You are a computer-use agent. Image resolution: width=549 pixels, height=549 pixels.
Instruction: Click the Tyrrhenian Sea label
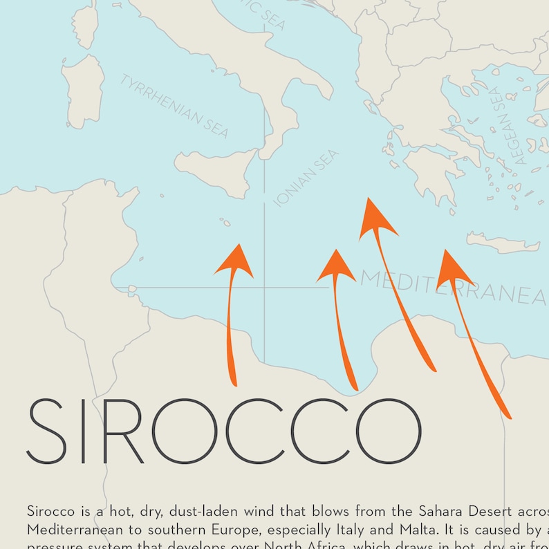click(174, 106)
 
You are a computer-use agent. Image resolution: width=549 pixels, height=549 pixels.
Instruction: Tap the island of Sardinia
click(83, 91)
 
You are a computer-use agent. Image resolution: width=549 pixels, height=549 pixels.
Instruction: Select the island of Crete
click(502, 243)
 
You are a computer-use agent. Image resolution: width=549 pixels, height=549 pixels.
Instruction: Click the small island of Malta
click(225, 223)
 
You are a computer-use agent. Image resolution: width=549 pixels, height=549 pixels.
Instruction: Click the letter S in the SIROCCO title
click(48, 431)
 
